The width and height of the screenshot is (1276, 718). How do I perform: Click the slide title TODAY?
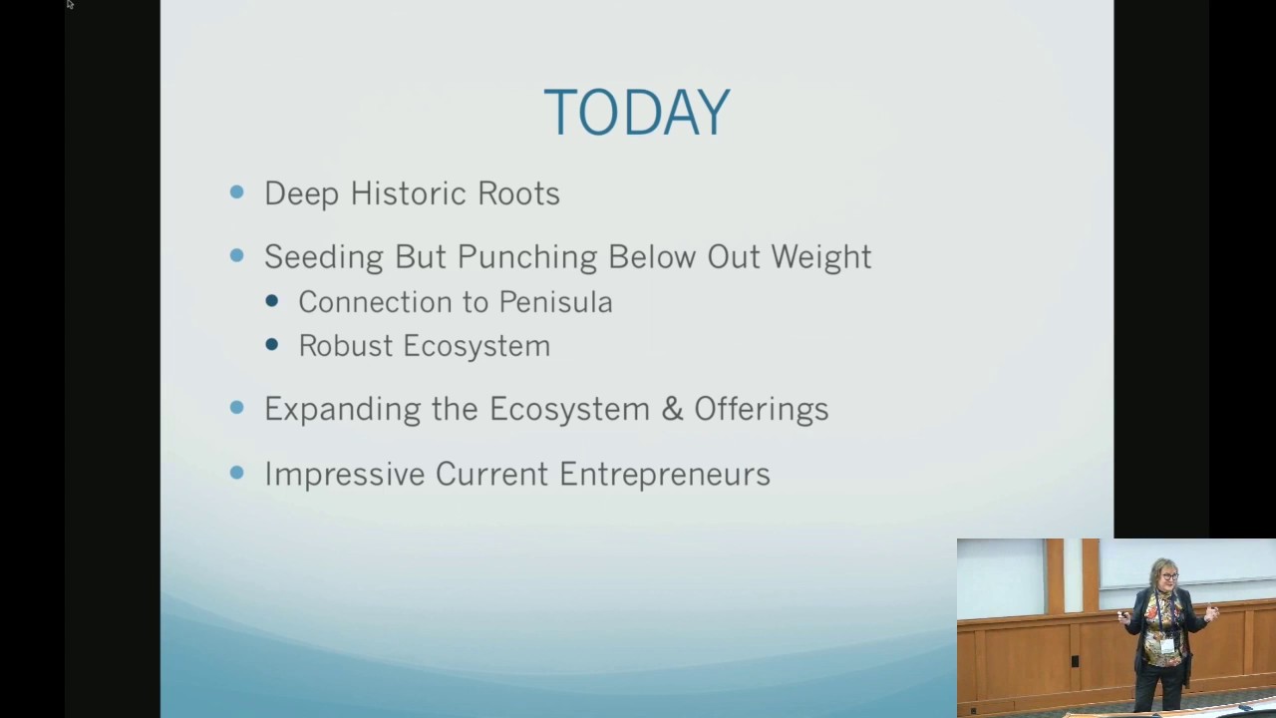636,112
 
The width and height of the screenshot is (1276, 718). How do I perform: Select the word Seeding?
324,257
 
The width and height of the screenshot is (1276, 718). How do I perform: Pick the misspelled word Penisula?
555,302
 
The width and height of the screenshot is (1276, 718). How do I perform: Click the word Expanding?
343,410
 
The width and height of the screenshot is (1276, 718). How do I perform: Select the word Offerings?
761,410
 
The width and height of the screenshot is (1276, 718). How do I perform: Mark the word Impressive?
344,474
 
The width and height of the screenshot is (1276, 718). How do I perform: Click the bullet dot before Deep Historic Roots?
236,191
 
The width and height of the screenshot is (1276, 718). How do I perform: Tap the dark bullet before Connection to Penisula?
272,300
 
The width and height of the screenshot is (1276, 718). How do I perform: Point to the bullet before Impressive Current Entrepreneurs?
236,472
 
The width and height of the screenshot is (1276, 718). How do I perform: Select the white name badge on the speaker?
1166,646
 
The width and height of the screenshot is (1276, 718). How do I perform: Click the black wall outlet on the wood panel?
1074,661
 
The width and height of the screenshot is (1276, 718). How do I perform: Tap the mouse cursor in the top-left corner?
70,5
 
